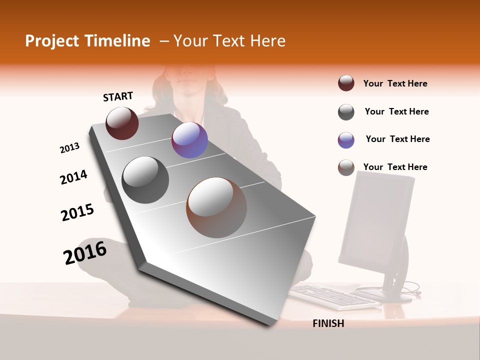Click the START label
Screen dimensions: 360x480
[x=118, y=96]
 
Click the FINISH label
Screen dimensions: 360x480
[x=328, y=323]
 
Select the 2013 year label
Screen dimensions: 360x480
[x=70, y=148]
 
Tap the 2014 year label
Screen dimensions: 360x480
[x=73, y=177]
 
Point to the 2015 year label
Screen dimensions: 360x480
[x=77, y=212]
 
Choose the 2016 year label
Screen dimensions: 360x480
[x=85, y=253]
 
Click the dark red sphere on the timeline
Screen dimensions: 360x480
[x=122, y=123]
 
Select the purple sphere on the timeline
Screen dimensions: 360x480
[x=189, y=140]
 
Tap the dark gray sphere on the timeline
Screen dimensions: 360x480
[x=145, y=180]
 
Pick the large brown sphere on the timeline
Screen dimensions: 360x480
[x=216, y=207]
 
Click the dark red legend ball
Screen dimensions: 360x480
[x=346, y=83]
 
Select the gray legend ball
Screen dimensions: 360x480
[x=346, y=112]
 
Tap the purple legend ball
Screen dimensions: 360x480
[x=346, y=140]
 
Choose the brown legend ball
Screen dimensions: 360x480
[x=346, y=168]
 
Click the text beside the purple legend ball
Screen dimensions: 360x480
[x=397, y=139]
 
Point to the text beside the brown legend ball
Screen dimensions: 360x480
[x=395, y=167]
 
